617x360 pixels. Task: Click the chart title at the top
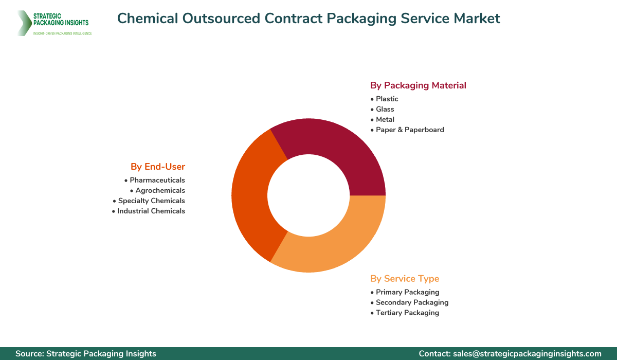pyautogui.click(x=308, y=19)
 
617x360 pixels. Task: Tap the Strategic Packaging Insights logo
pyautogui.click(x=54, y=23)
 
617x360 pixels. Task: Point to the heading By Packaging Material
pyautogui.click(x=418, y=85)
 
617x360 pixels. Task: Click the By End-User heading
pyautogui.click(x=157, y=167)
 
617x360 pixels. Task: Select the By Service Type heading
pyautogui.click(x=405, y=279)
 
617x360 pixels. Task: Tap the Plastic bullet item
pyautogui.click(x=387, y=99)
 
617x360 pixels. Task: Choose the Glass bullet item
pyautogui.click(x=385, y=109)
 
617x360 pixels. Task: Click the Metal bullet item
pyautogui.click(x=385, y=119)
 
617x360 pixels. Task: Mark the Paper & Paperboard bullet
pyautogui.click(x=409, y=130)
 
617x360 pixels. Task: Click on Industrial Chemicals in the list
pyautogui.click(x=151, y=211)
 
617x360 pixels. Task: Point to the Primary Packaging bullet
pyautogui.click(x=407, y=292)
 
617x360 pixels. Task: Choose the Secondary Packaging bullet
pyautogui.click(x=412, y=302)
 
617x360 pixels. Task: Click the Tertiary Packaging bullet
pyautogui.click(x=407, y=313)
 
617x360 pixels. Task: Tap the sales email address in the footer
pyautogui.click(x=527, y=353)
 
